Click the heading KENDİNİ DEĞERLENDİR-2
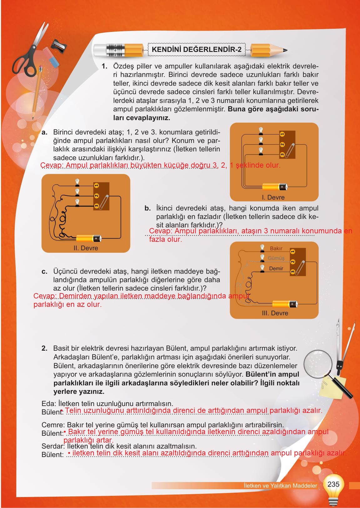pyautogui.click(x=196, y=49)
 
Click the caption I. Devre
pyautogui.click(x=273, y=197)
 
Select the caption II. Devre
pyautogui.click(x=84, y=248)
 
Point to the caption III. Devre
pyautogui.click(x=275, y=313)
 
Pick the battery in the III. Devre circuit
pyautogui.click(x=285, y=304)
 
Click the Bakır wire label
pyautogui.click(x=276, y=248)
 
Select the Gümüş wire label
pyautogui.click(x=276, y=258)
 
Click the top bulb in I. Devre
pyautogui.click(x=261, y=130)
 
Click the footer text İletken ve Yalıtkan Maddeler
pyautogui.click(x=280, y=486)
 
